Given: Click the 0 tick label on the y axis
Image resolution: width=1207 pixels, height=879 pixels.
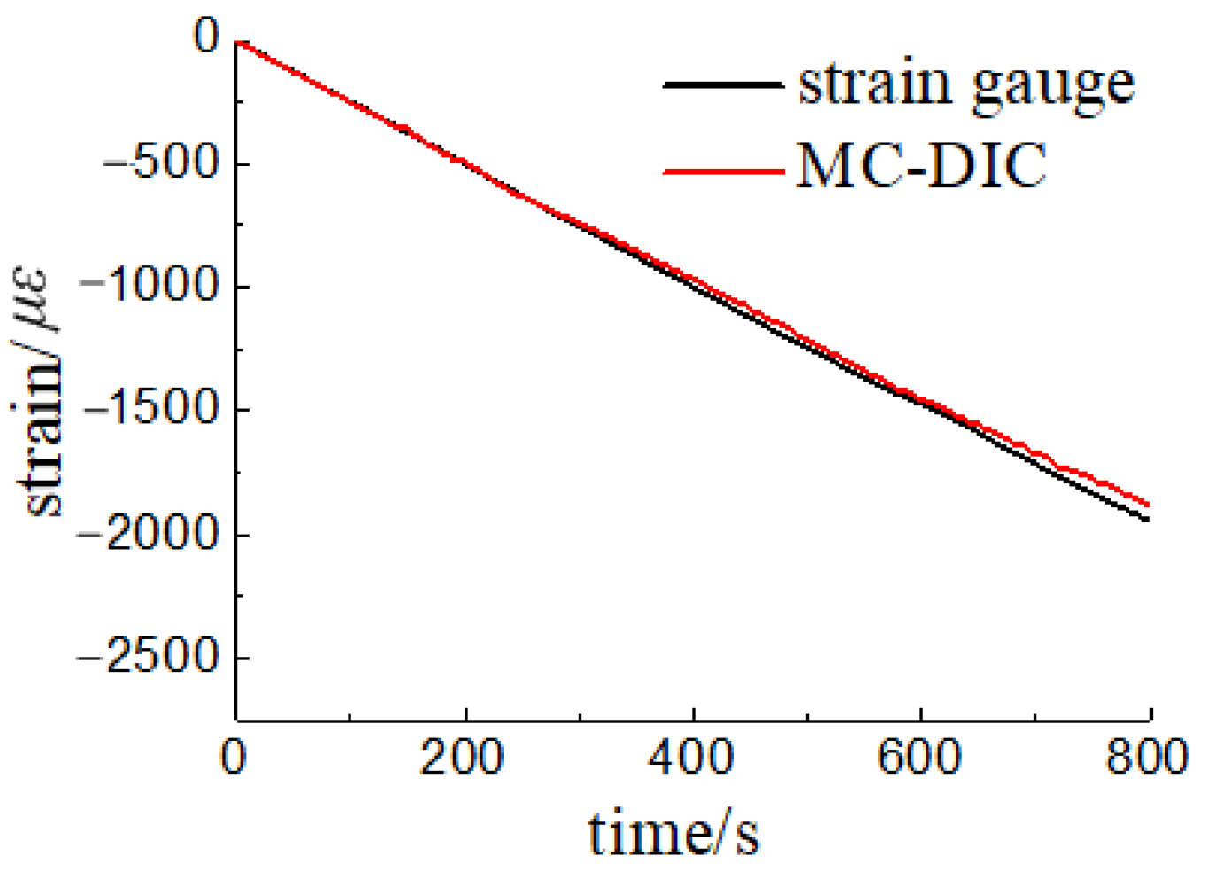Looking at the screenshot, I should [206, 37].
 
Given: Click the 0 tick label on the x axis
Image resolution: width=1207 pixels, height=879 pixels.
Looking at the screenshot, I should [234, 758].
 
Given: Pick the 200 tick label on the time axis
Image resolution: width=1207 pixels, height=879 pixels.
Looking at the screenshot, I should [462, 758].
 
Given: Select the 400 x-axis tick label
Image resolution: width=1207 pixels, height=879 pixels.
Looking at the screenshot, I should [691, 758].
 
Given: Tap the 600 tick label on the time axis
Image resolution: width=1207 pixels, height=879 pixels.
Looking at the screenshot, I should [919, 758].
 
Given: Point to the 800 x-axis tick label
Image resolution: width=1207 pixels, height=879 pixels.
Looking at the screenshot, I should [1148, 758].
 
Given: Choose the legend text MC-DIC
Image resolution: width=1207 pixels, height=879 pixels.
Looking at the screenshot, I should [921, 166].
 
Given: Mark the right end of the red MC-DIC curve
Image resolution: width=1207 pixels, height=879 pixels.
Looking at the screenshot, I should [1149, 505].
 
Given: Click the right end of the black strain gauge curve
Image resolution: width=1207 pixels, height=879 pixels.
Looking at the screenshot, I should [1149, 520].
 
